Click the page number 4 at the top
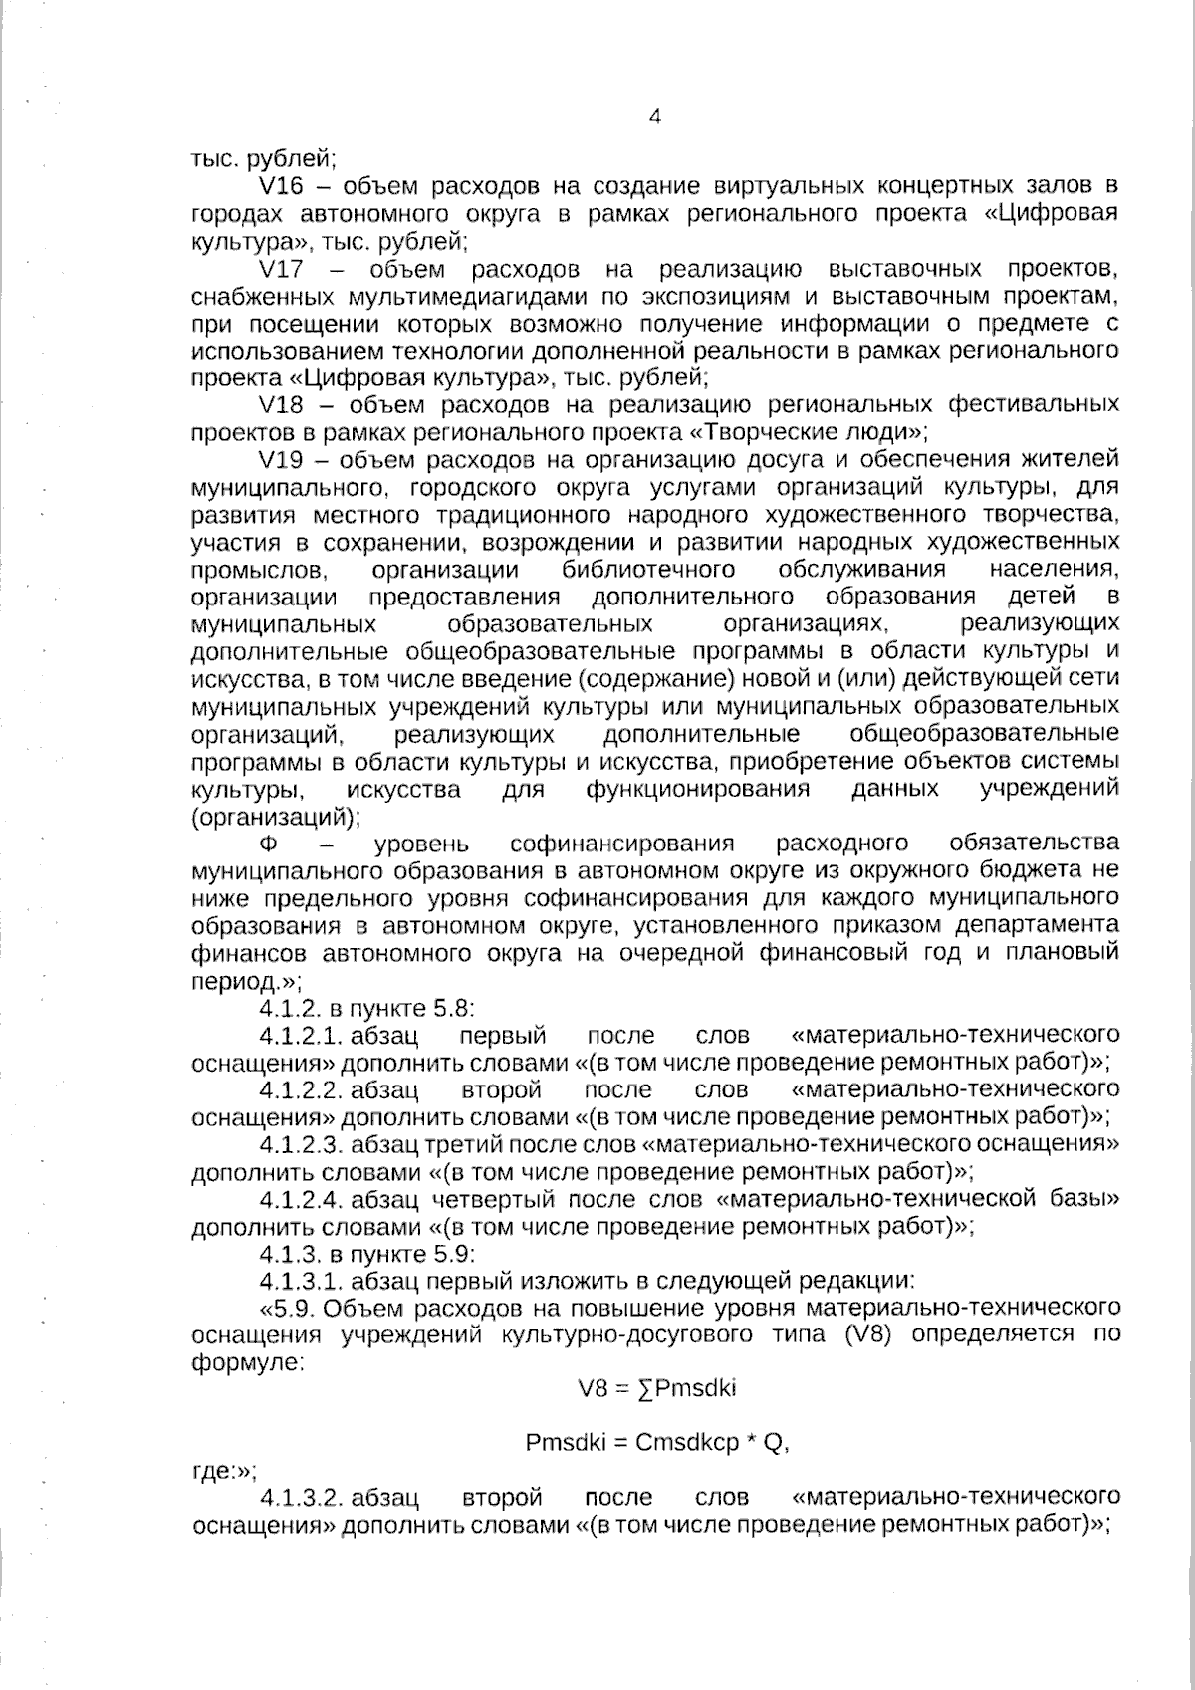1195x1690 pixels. point(654,117)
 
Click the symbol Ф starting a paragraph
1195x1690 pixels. point(267,845)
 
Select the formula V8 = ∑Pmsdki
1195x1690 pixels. point(657,1387)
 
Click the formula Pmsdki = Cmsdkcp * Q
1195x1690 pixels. point(657,1443)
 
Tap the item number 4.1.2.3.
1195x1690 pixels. point(300,1143)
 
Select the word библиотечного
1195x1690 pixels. point(648,571)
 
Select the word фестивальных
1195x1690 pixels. point(1033,405)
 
